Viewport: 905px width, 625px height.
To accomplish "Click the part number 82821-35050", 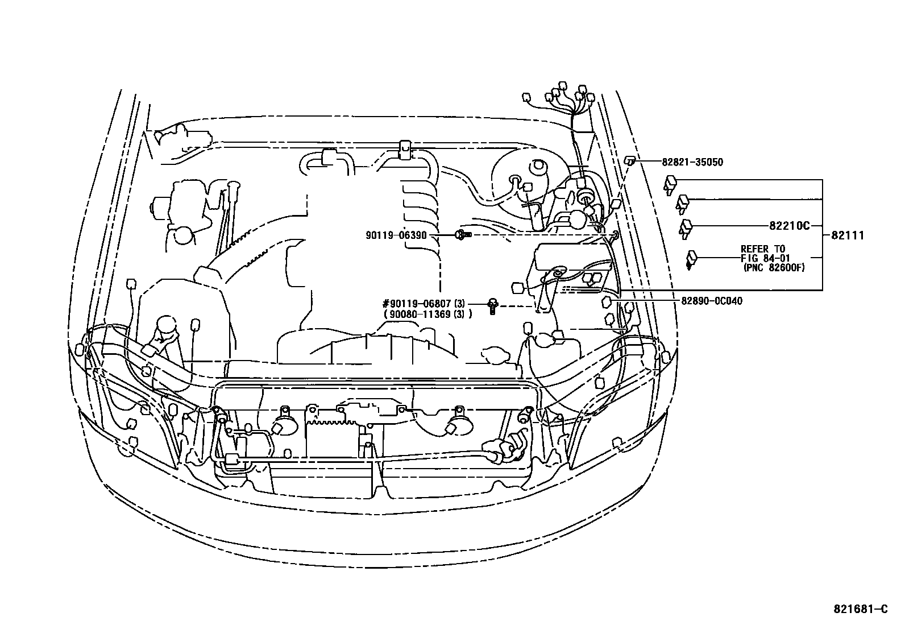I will tap(692, 162).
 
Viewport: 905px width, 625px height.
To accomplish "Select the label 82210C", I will tap(789, 226).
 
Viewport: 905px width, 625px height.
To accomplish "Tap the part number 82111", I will tap(848, 235).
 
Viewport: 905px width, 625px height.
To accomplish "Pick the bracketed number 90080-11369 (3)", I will tap(428, 314).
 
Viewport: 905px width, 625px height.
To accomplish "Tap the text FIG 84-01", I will tap(763, 258).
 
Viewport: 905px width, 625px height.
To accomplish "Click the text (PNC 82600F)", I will tap(773, 267).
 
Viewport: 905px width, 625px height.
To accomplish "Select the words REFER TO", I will tap(762, 249).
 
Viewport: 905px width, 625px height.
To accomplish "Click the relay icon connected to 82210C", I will tap(686, 226).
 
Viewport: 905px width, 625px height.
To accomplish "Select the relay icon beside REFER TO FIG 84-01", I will tap(692, 259).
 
